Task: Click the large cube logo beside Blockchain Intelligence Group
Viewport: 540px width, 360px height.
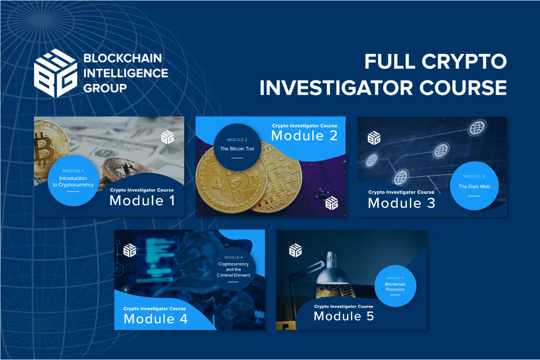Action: coord(56,73)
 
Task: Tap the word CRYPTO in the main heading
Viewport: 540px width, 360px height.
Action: coord(464,61)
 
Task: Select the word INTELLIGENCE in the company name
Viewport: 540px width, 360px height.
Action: coord(126,73)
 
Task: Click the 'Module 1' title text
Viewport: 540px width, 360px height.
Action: coord(142,200)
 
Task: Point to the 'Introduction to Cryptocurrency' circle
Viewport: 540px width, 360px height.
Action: coord(73,180)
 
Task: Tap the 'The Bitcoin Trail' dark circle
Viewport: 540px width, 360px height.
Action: coord(237,147)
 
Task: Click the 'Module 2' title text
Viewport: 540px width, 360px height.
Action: coord(304,135)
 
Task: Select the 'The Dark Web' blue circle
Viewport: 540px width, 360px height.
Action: coord(474,186)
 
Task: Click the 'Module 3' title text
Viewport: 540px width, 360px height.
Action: coord(401,203)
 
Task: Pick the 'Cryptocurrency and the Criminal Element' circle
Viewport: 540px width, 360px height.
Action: coord(233,269)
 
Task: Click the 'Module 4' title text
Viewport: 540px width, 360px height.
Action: coord(156,319)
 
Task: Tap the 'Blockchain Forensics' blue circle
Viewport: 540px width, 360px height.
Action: coord(395,286)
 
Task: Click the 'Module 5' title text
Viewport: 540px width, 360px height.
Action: coord(344,316)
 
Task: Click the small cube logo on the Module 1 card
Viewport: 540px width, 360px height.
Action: coord(167,137)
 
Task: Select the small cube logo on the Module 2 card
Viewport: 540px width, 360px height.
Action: coord(331,203)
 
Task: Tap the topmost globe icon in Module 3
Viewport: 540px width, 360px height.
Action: coord(477,127)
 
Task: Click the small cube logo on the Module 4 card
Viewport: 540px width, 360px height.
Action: coord(130,250)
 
